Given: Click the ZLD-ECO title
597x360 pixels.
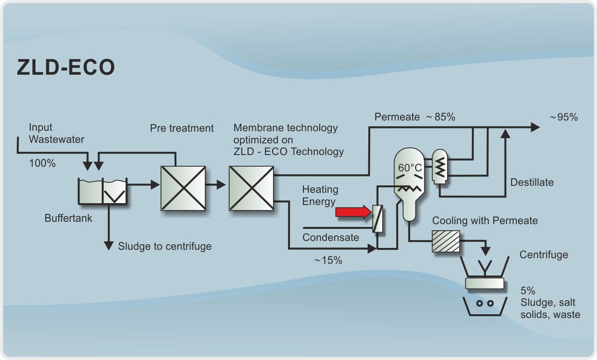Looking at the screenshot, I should pos(65,68).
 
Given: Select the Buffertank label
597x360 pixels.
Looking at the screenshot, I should pos(69,218).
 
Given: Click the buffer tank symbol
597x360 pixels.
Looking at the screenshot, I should pos(102,191).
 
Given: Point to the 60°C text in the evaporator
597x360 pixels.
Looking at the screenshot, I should pos(410,168).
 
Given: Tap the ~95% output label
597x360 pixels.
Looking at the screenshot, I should pos(564,117).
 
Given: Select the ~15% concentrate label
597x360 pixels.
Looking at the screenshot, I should pos(328,261).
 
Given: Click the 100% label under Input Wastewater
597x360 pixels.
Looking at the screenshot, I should pos(42,163).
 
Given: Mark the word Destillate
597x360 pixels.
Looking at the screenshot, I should pos(532,182).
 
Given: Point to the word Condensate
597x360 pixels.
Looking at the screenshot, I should pos(331,237).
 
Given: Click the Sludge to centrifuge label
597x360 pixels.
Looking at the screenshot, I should pos(165,246).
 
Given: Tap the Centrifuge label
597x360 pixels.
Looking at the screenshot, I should pos(544,254).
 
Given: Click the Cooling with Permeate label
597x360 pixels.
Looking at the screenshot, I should pos(485,220).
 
